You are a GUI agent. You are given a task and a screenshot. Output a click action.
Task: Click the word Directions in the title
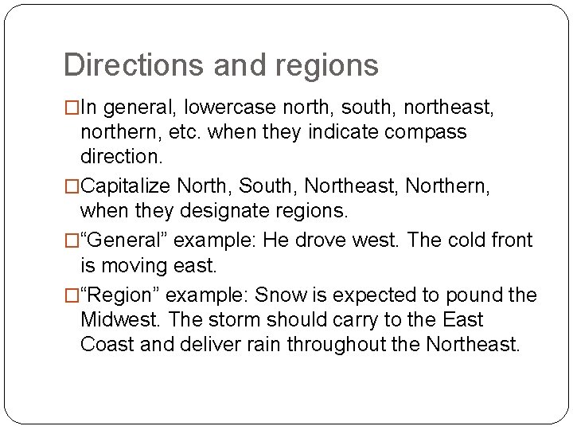click(121, 65)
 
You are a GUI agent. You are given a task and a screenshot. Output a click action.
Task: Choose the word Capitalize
click(126, 186)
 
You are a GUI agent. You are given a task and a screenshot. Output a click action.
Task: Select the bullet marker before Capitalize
click(71, 186)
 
